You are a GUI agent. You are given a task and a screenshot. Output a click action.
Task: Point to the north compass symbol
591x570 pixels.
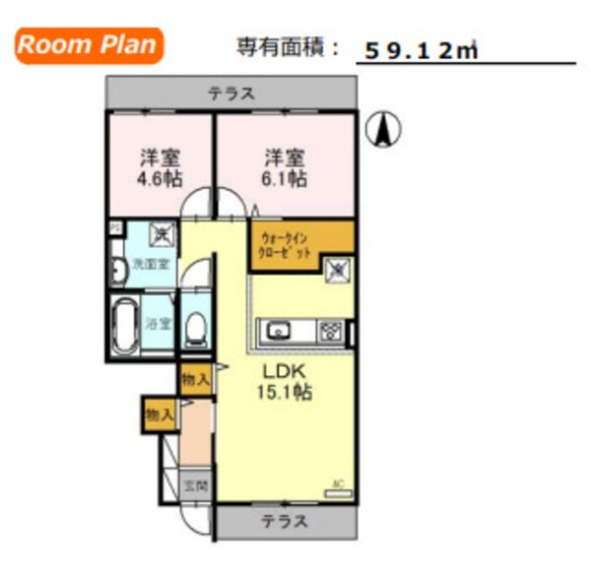click(383, 129)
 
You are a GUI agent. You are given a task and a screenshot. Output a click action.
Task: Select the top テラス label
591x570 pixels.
click(231, 95)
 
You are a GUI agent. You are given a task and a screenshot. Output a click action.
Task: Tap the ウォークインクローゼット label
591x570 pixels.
click(285, 244)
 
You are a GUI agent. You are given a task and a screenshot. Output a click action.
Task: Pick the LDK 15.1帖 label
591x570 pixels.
click(286, 382)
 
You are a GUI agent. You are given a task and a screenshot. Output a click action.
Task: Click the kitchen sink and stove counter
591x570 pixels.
click(302, 331)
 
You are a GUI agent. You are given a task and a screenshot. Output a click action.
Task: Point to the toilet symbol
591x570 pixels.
click(196, 327)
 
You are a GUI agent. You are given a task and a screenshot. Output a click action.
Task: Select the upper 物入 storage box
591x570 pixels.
click(195, 379)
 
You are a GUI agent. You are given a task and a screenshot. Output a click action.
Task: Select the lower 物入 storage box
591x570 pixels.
click(159, 413)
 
